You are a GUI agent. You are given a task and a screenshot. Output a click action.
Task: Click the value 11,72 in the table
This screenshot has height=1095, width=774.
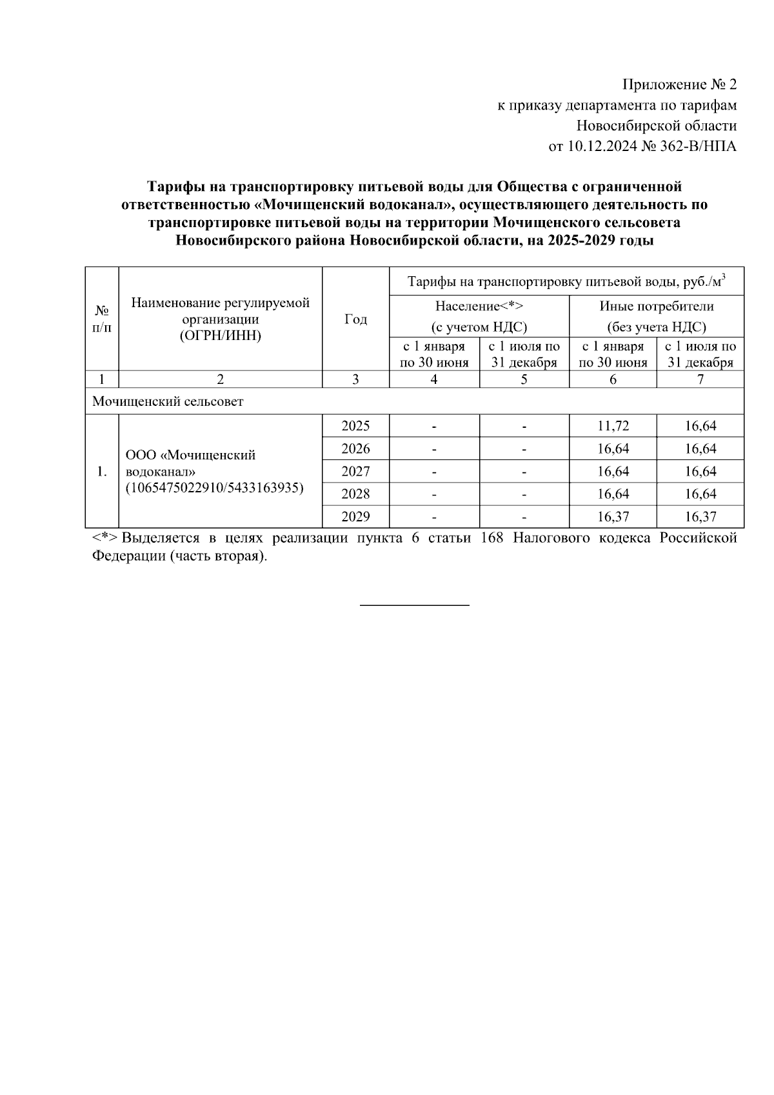tap(613, 426)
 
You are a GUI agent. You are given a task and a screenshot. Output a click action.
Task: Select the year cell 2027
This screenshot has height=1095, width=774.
tap(355, 471)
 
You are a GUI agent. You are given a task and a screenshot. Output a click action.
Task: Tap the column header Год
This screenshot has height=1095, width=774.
tap(355, 319)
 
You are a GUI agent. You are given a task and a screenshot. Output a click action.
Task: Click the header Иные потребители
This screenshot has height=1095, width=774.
tap(656, 306)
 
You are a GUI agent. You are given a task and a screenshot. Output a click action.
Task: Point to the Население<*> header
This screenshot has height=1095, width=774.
tap(479, 306)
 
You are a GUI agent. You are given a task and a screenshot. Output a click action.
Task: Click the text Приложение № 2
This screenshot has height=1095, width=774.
tap(679, 85)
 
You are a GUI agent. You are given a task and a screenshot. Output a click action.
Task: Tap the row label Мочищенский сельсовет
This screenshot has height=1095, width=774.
tap(168, 401)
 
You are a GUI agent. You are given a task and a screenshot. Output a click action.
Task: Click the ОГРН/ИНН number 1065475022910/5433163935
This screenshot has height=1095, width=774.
tap(215, 488)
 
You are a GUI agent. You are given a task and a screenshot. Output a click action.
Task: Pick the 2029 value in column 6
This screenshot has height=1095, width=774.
tap(613, 517)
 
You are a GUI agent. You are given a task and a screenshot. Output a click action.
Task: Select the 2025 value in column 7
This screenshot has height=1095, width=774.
tap(700, 426)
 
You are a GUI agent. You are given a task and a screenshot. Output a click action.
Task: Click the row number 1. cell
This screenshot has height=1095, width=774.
tap(102, 471)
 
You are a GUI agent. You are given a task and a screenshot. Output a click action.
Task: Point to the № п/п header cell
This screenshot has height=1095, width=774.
tap(102, 319)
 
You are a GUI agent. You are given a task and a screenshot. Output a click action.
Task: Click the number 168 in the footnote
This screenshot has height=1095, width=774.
tap(492, 538)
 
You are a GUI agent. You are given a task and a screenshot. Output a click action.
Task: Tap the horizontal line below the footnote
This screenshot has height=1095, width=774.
tap(414, 605)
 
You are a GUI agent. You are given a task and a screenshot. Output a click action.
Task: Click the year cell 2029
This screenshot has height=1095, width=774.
tap(355, 517)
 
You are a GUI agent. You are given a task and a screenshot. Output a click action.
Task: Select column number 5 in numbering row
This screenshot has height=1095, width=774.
tap(524, 379)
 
